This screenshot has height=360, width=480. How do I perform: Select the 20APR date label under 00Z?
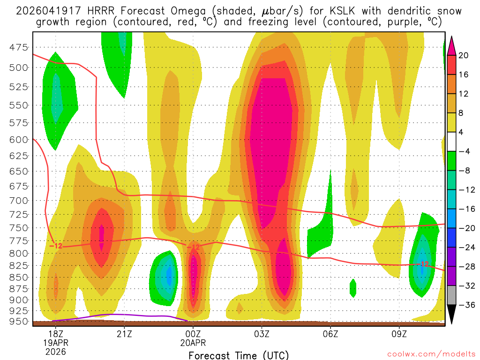pyautogui.click(x=193, y=343)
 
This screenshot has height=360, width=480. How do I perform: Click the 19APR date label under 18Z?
pyautogui.click(x=55, y=343)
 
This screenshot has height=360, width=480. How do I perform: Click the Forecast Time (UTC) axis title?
pyautogui.click(x=239, y=355)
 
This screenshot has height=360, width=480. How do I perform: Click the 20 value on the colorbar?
pyautogui.click(x=464, y=55)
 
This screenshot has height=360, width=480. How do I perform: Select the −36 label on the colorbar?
pyautogui.click(x=465, y=305)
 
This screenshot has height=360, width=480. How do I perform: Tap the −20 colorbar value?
pyautogui.click(x=465, y=228)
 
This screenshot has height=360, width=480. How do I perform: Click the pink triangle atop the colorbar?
pyautogui.click(x=451, y=45)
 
